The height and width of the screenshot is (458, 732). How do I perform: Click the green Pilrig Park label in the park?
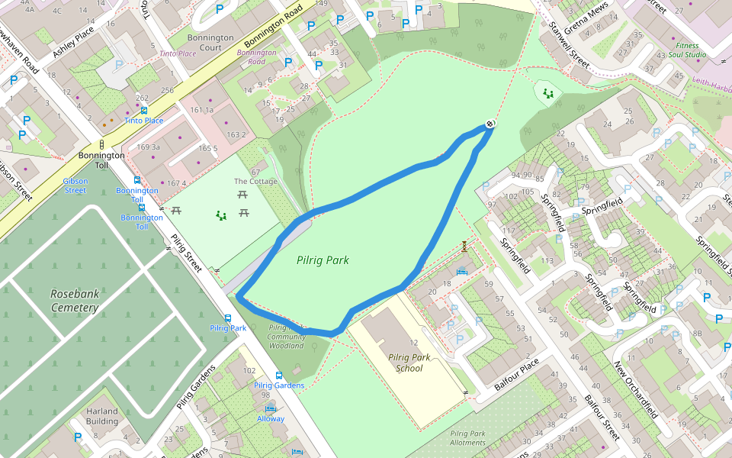click(323, 260)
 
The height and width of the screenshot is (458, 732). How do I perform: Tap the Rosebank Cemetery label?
click(75, 300)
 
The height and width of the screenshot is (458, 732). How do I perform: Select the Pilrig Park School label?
click(409, 363)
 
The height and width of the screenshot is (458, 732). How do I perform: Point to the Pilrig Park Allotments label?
click(467, 437)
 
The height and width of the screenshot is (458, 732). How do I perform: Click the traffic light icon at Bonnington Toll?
click(101, 144)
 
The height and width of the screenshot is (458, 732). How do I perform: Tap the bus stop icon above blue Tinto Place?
click(144, 111)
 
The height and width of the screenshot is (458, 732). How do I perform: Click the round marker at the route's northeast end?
click(490, 124)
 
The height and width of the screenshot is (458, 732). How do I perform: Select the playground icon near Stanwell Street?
click(547, 93)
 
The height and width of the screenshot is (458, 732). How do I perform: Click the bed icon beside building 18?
click(461, 271)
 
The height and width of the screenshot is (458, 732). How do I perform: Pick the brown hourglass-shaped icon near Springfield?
click(464, 246)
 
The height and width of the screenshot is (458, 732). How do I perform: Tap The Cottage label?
click(255, 182)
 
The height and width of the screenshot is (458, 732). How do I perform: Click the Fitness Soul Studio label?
click(687, 50)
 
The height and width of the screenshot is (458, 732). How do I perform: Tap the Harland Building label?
click(102, 416)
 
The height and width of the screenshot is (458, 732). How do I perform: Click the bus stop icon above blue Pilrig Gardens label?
click(279, 376)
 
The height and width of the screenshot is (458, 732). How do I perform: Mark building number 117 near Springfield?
click(508, 231)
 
